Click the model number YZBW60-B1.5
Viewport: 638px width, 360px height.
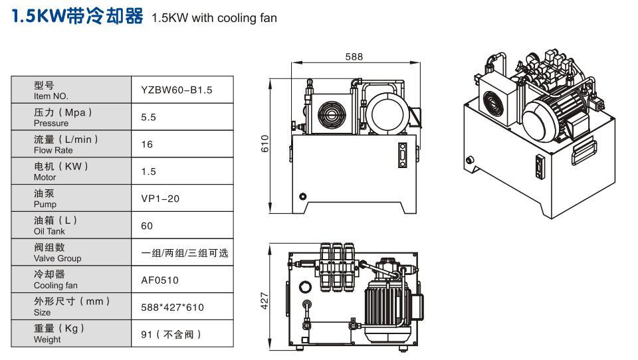click(x=176, y=90)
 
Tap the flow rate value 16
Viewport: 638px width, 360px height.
click(x=147, y=144)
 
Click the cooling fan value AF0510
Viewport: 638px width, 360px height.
click(x=159, y=280)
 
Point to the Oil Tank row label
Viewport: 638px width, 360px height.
click(x=50, y=226)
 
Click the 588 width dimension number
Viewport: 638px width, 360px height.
click(x=354, y=57)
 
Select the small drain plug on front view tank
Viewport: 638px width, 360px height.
click(x=303, y=197)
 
